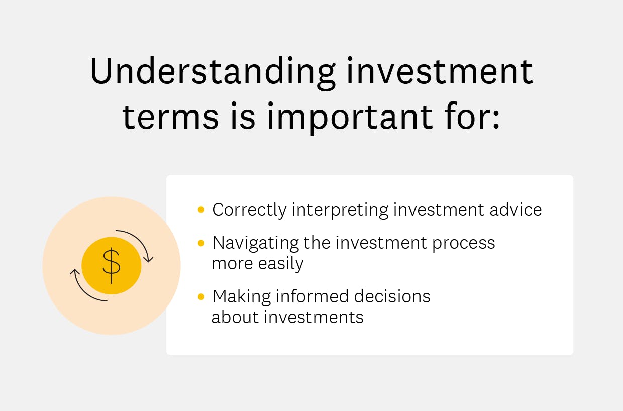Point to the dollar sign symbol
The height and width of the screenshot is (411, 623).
point(111,266)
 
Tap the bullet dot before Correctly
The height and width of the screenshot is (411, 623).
point(201,210)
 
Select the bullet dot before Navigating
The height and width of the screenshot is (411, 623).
point(201,243)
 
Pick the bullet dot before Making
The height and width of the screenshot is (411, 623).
point(201,297)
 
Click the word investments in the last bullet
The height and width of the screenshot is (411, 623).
point(314,317)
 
